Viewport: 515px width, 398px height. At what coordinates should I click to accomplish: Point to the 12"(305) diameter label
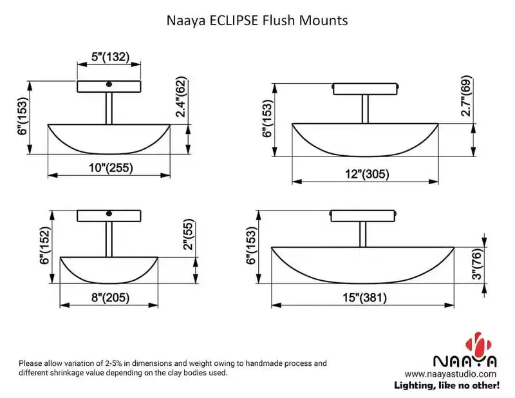point(368,174)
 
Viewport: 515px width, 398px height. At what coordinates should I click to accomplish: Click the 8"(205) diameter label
point(109,298)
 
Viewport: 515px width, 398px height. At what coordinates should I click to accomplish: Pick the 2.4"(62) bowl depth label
point(182,97)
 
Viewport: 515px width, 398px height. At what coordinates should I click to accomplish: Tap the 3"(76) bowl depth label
point(476,265)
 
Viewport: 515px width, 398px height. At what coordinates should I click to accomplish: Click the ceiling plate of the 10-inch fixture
point(109,86)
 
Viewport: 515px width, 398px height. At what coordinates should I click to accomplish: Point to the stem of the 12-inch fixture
point(365,108)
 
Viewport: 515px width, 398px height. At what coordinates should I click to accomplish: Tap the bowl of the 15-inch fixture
point(364,264)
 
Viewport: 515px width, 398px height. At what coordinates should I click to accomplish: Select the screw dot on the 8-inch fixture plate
point(109,213)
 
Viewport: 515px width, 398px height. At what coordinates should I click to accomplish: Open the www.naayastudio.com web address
point(451,374)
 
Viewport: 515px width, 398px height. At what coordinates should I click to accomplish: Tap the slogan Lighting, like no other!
point(447,385)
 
